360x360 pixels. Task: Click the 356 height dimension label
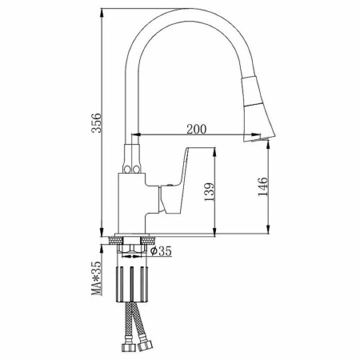click(x=96, y=123)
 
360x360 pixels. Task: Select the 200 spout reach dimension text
click(x=197, y=130)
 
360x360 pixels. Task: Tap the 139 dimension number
click(x=210, y=192)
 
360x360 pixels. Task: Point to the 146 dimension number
click(x=262, y=186)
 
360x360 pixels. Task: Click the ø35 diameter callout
click(x=161, y=251)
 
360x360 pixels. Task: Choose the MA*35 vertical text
click(x=96, y=278)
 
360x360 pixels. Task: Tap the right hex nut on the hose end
click(x=145, y=346)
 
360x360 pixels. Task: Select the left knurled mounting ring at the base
click(x=116, y=240)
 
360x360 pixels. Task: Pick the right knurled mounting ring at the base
click(x=148, y=240)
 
